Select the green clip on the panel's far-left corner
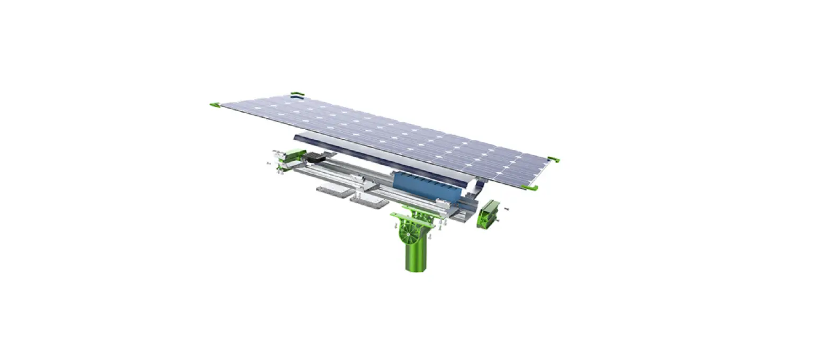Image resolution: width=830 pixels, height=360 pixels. tap(215, 105)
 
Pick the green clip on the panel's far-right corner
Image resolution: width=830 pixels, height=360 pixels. tap(553, 159)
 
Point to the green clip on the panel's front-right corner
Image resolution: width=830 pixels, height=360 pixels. tap(529, 187)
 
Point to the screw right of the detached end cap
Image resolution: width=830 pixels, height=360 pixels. tap(506, 209)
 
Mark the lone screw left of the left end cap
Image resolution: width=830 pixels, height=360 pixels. tap(269, 164)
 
